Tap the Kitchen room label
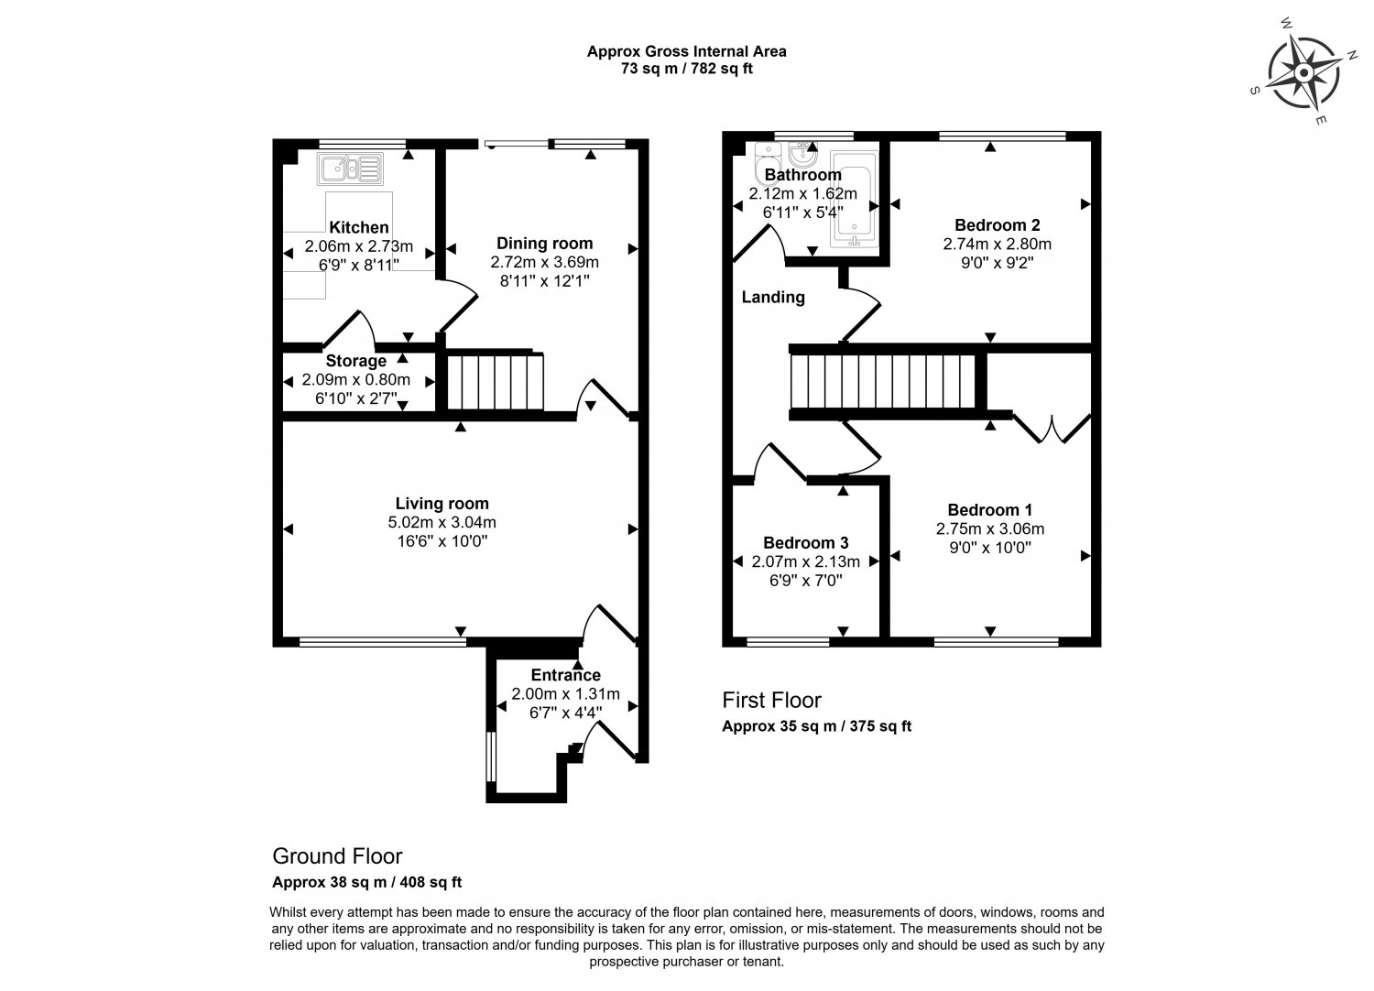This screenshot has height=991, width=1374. (359, 227)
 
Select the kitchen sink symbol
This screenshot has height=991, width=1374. (349, 169)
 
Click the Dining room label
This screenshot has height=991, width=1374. (544, 243)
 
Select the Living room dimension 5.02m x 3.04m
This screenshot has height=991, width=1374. (442, 522)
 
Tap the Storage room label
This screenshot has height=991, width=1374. (356, 361)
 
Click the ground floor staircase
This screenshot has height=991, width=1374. (496, 382)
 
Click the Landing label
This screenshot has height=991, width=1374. (773, 297)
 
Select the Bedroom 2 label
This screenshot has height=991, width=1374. (997, 224)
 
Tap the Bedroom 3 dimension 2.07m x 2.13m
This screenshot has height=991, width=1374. (806, 561)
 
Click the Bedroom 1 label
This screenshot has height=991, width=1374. (989, 509)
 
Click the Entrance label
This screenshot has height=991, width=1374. (565, 675)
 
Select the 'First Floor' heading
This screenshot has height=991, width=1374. (771, 701)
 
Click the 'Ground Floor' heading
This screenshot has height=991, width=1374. (337, 856)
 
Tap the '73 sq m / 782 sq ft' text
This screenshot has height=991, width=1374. (686, 68)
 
